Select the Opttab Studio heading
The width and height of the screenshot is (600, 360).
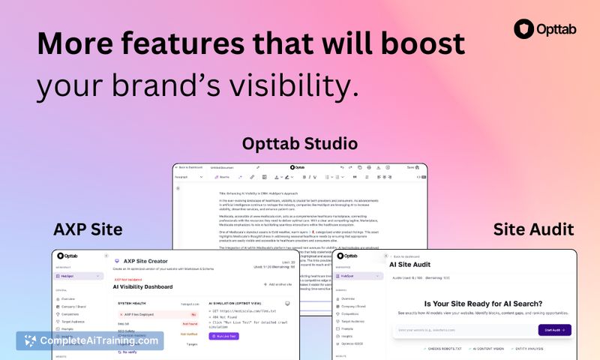(299, 143)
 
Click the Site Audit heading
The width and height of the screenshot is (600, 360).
(534, 228)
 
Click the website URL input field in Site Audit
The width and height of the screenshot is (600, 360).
(463, 330)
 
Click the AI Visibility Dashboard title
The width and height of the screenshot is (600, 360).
(142, 286)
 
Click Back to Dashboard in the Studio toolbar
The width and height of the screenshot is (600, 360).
(191, 167)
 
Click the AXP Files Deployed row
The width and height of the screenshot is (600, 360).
(139, 315)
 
